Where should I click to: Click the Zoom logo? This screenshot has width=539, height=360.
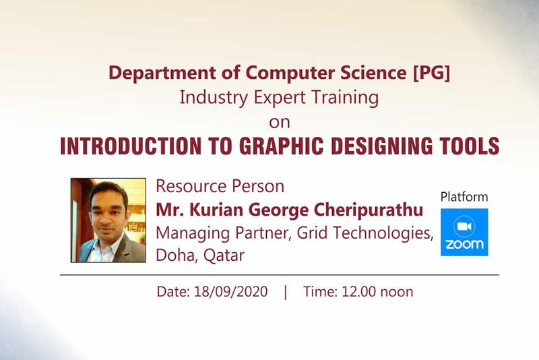tap(464, 232)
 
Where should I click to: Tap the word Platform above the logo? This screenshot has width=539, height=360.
tap(464, 197)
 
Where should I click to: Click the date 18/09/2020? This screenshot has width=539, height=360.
tap(230, 292)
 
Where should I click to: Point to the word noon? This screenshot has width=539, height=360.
tap(397, 292)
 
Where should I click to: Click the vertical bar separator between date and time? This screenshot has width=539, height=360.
tap(285, 292)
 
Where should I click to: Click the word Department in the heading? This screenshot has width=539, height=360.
tap(162, 73)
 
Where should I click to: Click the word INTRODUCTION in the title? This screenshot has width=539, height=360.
tap(131, 146)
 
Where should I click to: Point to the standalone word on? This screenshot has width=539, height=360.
tap(280, 123)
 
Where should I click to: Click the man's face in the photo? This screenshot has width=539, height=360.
tap(108, 210)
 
